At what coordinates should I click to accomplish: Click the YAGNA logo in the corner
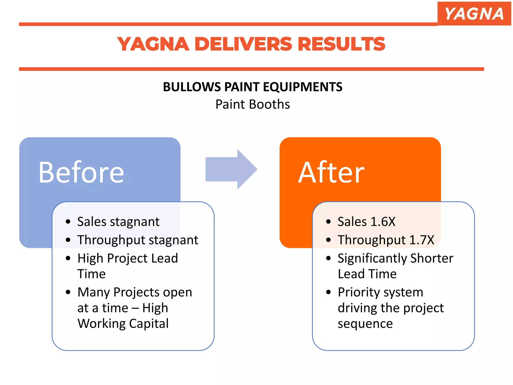(x=474, y=14)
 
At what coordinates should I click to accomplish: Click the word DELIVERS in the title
(x=243, y=44)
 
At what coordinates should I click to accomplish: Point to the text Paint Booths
(x=252, y=104)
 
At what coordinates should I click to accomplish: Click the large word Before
(x=81, y=172)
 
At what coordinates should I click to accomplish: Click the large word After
(x=331, y=172)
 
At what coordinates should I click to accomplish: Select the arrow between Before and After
(x=231, y=169)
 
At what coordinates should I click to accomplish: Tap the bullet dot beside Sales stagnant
(x=68, y=222)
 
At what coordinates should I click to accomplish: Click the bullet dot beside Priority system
(x=328, y=292)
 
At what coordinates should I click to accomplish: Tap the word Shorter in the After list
(x=432, y=258)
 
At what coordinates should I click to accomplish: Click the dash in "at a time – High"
(x=135, y=308)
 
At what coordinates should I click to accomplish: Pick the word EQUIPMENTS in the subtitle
(x=303, y=87)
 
